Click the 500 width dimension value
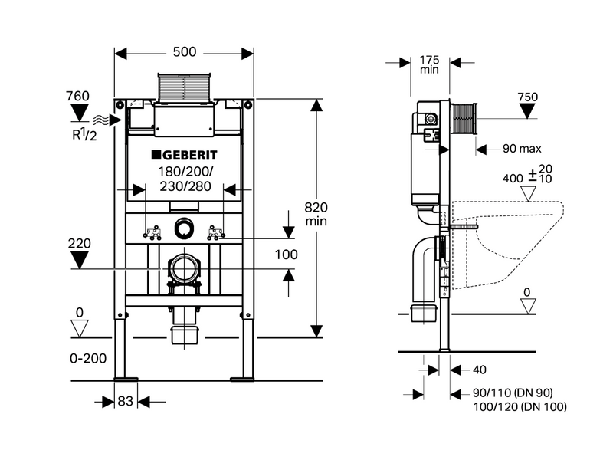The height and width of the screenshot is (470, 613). [184, 52]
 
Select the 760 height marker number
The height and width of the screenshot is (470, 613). [77, 97]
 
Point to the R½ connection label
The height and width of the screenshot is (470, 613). [77, 136]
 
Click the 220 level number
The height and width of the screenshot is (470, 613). [79, 244]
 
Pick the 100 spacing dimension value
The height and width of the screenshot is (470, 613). [286, 254]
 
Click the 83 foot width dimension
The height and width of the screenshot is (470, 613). [124, 400]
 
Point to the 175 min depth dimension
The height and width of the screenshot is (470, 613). [429, 63]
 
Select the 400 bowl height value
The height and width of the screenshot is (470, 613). [511, 177]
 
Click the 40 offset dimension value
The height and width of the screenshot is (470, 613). [479, 370]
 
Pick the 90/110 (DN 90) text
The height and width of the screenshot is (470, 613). [518, 393]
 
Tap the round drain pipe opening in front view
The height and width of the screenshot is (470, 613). [184, 269]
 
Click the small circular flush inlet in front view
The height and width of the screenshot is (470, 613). [184, 228]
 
